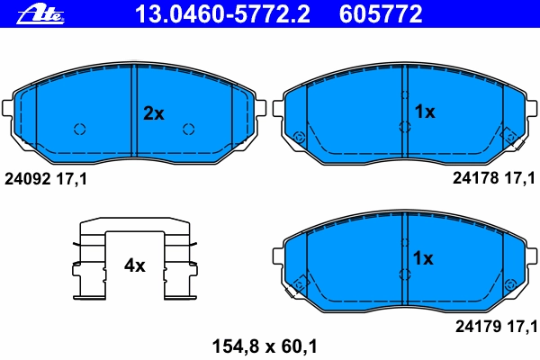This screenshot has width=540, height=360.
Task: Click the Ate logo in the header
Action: pos(40,14)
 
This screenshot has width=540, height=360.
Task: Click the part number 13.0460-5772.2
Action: pos(223,14)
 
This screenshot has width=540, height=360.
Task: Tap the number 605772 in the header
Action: pos(381,14)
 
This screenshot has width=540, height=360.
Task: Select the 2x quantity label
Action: pos(154,113)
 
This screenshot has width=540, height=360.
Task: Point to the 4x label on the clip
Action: pos(135,265)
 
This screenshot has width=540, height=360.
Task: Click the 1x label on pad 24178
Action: pos(425,112)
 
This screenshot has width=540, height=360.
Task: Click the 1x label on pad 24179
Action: pos(423,258)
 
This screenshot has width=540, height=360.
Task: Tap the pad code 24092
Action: pos(28,179)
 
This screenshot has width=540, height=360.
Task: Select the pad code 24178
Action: pos(475,178)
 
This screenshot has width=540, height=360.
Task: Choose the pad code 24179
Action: pos(479,326)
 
